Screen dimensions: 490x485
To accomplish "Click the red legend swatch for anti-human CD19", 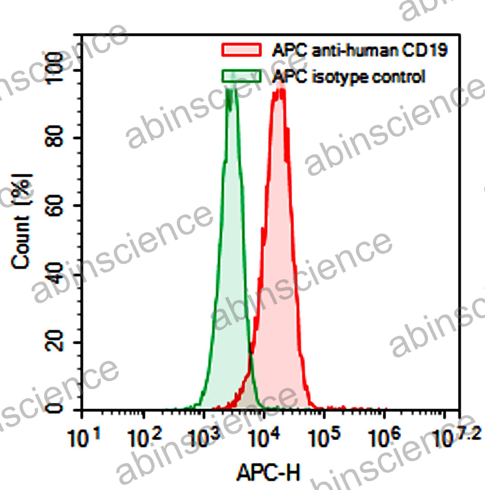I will point(241,50).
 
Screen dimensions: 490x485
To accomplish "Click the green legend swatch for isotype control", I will point(241,76).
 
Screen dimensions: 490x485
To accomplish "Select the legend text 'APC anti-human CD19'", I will point(359,50).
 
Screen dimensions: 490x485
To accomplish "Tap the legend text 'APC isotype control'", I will point(349,76).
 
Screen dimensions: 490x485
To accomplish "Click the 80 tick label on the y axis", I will point(54,137).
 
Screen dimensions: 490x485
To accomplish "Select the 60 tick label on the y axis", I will point(54,206).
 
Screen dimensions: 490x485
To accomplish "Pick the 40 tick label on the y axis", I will point(54,274).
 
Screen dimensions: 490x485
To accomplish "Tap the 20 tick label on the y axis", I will point(54,342).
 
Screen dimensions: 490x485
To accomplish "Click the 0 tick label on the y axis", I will point(55,408).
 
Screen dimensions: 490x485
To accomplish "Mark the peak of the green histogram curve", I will point(231,75).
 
